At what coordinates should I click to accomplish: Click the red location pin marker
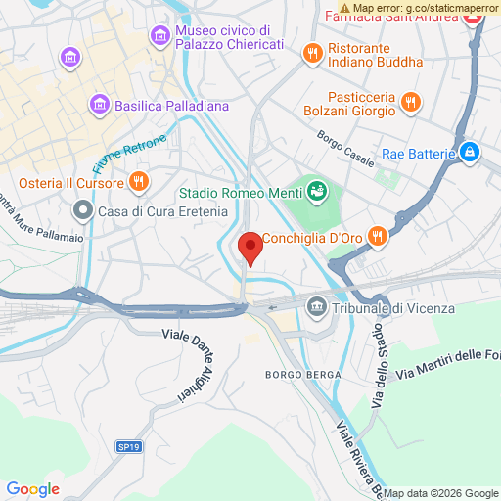[250, 247]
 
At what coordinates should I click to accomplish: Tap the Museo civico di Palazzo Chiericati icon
[159, 36]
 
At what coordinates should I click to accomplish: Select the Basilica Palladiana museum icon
[98, 103]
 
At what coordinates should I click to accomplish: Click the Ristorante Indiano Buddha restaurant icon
[312, 53]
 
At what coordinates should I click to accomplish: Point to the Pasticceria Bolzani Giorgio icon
[410, 99]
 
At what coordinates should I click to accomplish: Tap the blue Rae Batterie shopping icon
[471, 153]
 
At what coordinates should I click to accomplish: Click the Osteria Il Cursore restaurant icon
[140, 182]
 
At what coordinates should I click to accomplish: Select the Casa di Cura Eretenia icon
[83, 210]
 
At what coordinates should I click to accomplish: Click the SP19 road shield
[128, 446]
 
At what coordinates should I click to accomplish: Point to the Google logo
[32, 489]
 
